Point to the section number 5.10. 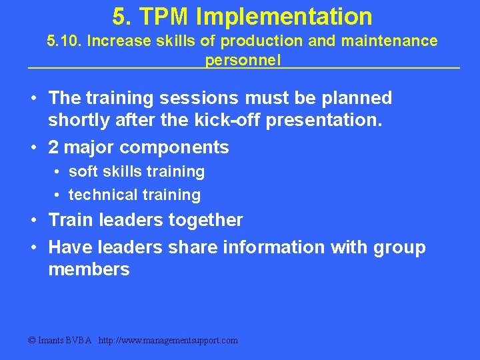[65, 41]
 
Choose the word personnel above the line [243, 60]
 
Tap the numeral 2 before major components [54, 147]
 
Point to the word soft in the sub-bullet [83, 171]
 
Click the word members [89, 269]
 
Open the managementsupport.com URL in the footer [168, 341]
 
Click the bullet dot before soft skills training [58, 172]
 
